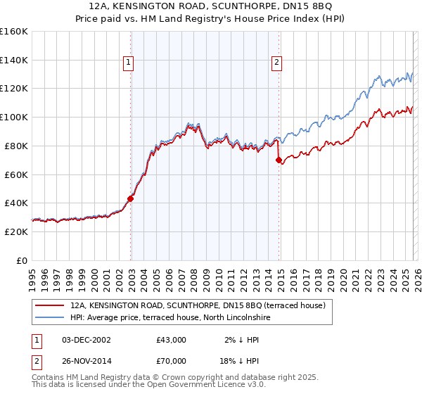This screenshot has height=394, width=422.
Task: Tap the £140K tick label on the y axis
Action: tap(14, 60)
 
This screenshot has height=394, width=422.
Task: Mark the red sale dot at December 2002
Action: tap(131, 198)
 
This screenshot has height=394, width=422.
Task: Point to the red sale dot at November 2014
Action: tap(279, 160)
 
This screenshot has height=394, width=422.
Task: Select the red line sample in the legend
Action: tap(50, 306)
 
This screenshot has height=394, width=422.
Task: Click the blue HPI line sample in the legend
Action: tap(50, 318)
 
